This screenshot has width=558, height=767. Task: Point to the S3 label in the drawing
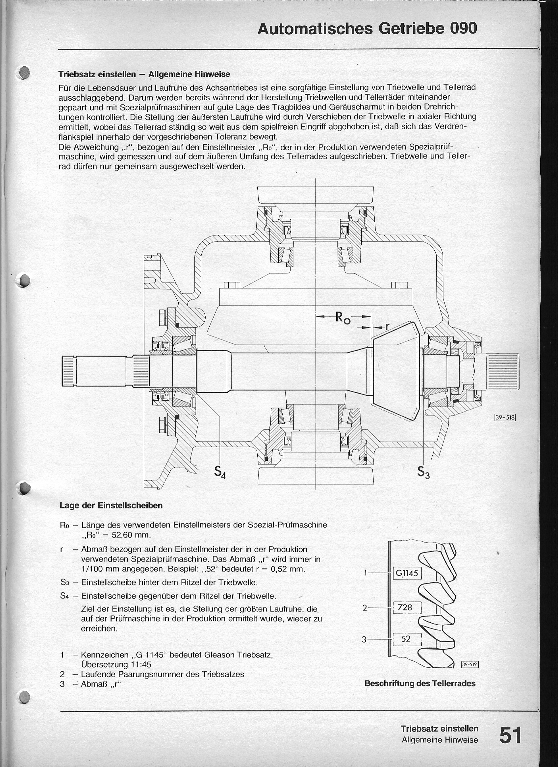pos(423,472)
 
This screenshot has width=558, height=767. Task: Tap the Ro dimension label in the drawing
pos(343,318)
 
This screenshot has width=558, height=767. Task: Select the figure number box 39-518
pos(505,418)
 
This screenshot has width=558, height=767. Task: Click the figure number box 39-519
pos(469,664)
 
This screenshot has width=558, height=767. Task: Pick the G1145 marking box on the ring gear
pos(407,573)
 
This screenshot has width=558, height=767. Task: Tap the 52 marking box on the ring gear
pos(406,639)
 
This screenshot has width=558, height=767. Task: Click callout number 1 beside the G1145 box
pos(366,573)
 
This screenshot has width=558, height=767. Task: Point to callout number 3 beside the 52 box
pos(365,639)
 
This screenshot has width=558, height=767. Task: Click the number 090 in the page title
pos(463,29)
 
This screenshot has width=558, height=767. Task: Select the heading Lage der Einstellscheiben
pos(111,506)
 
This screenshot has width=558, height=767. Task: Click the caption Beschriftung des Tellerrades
pos(420,683)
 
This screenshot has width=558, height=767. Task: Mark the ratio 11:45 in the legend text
pos(139,664)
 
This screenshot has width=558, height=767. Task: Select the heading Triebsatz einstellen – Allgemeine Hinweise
pos(144,74)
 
